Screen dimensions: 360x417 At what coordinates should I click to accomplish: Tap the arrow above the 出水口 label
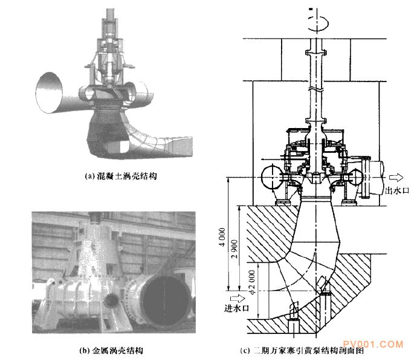(395, 177)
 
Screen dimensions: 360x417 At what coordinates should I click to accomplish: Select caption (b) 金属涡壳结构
(112, 350)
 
